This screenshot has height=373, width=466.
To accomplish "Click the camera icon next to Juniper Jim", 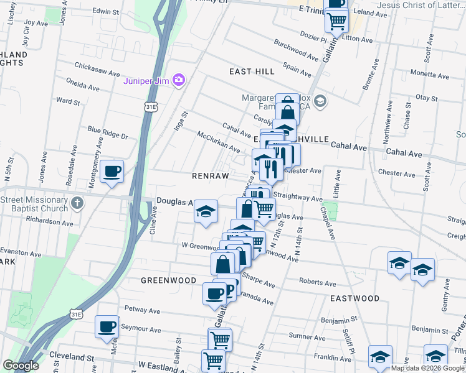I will (x=179, y=80).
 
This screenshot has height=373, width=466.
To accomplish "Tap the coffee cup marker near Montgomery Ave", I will (x=112, y=171).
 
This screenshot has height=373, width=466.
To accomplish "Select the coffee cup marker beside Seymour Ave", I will (x=107, y=326).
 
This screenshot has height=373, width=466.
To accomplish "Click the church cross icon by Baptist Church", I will (x=77, y=203).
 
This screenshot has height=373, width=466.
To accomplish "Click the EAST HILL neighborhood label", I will (x=252, y=71).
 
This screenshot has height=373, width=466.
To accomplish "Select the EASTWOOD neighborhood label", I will (x=354, y=298).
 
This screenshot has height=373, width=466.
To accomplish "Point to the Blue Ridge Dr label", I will (x=107, y=132).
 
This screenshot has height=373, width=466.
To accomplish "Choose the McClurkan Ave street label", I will (x=218, y=142).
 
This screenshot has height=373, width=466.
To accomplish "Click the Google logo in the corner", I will (x=21, y=366).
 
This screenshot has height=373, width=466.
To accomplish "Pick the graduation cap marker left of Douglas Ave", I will (x=206, y=211).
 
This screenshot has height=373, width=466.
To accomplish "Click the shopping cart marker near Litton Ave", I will (x=336, y=22).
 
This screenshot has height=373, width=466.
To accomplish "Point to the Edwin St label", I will (x=105, y=12).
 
